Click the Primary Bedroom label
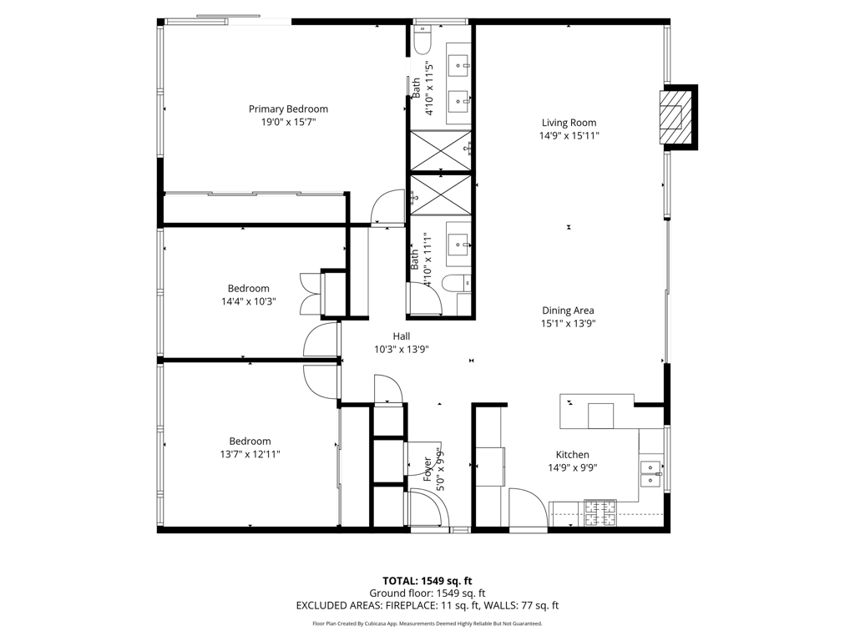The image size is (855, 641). [x=288, y=109]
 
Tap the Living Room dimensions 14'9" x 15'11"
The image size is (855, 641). [x=569, y=136]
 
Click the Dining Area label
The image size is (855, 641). [x=568, y=310]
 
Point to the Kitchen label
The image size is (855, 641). [x=572, y=455]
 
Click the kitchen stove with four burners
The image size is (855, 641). [x=600, y=513]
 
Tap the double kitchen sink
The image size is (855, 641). [x=650, y=475]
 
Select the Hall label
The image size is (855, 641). [x=402, y=336]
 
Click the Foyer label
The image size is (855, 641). [x=428, y=470]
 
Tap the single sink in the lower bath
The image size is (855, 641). [x=458, y=245]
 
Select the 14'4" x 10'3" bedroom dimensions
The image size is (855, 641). [x=248, y=301]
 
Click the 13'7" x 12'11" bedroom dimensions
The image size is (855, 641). [x=250, y=454]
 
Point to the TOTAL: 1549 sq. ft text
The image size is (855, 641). [x=427, y=581]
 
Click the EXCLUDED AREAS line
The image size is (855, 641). [x=427, y=605]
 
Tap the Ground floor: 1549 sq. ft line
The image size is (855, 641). [x=427, y=593]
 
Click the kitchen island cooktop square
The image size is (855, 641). [x=600, y=416]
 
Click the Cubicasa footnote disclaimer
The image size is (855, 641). [x=427, y=623]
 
